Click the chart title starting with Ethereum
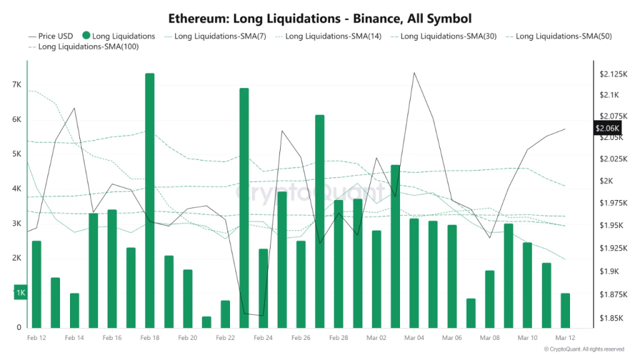coord(319,18)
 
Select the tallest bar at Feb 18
coord(149,200)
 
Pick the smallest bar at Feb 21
coord(206,322)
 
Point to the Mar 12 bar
coord(565,310)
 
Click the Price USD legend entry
coord(51,36)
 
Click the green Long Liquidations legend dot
coord(86,36)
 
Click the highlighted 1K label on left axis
coord(21,293)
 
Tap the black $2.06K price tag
coord(607,128)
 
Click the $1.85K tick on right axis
coord(609,318)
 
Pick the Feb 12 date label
coord(36,337)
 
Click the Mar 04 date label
coord(414,337)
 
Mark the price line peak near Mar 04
coord(414,72)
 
